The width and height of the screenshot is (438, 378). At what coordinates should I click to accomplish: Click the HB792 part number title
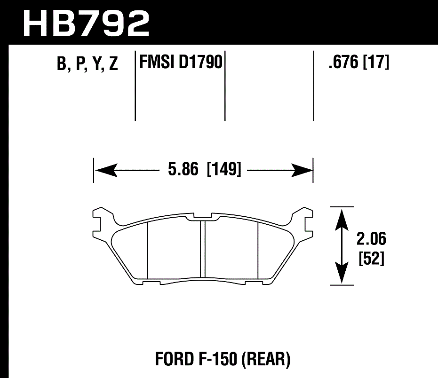click(x=86, y=22)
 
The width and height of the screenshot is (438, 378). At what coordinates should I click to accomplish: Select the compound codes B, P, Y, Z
click(x=87, y=64)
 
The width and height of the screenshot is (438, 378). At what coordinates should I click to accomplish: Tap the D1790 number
click(x=200, y=62)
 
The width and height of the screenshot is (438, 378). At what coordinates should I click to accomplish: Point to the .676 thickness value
click(x=344, y=62)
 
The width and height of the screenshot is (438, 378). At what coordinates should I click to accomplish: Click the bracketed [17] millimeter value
click(x=376, y=62)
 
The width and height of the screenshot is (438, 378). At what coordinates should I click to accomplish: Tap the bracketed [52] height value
click(x=371, y=259)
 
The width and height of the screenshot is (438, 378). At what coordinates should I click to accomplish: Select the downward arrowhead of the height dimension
click(x=342, y=275)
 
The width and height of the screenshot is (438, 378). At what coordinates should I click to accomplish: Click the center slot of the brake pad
click(x=203, y=249)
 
